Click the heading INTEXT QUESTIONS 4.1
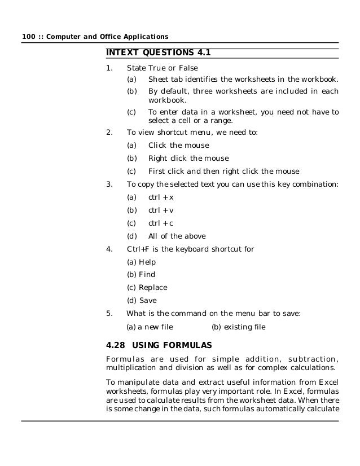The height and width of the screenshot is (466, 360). coord(158,53)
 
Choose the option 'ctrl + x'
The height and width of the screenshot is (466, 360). coord(161,197)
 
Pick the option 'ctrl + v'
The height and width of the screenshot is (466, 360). coord(161,210)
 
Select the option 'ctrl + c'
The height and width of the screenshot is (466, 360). coord(161,223)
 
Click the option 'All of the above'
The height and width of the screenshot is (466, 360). coord(177,236)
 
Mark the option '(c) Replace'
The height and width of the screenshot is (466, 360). coord(147,288)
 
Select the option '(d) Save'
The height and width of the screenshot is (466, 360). coord(142,301)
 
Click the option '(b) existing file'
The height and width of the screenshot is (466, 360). coord(238,327)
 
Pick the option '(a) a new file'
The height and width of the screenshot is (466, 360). coord(150,327)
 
